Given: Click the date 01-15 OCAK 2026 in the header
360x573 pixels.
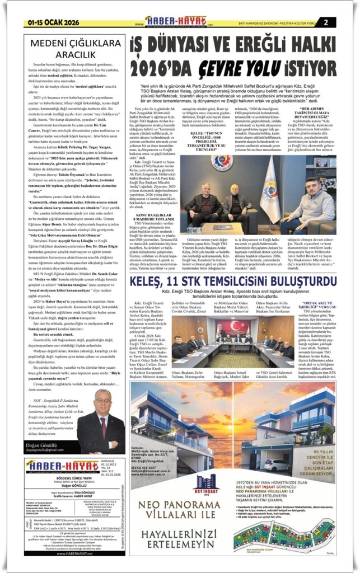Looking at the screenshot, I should (x=48, y=22).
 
